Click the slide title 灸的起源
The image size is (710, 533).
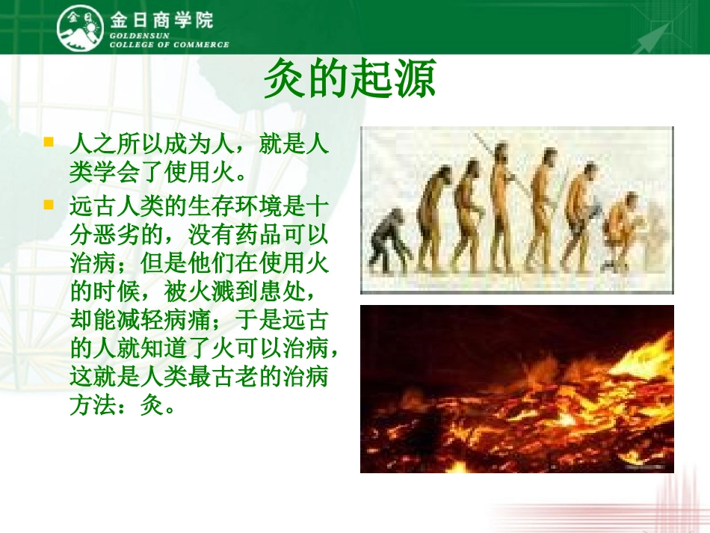350,81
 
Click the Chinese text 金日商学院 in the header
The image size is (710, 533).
161,19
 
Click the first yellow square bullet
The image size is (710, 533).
49,141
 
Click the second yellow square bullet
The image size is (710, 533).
49,203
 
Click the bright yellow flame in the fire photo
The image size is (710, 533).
643,374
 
